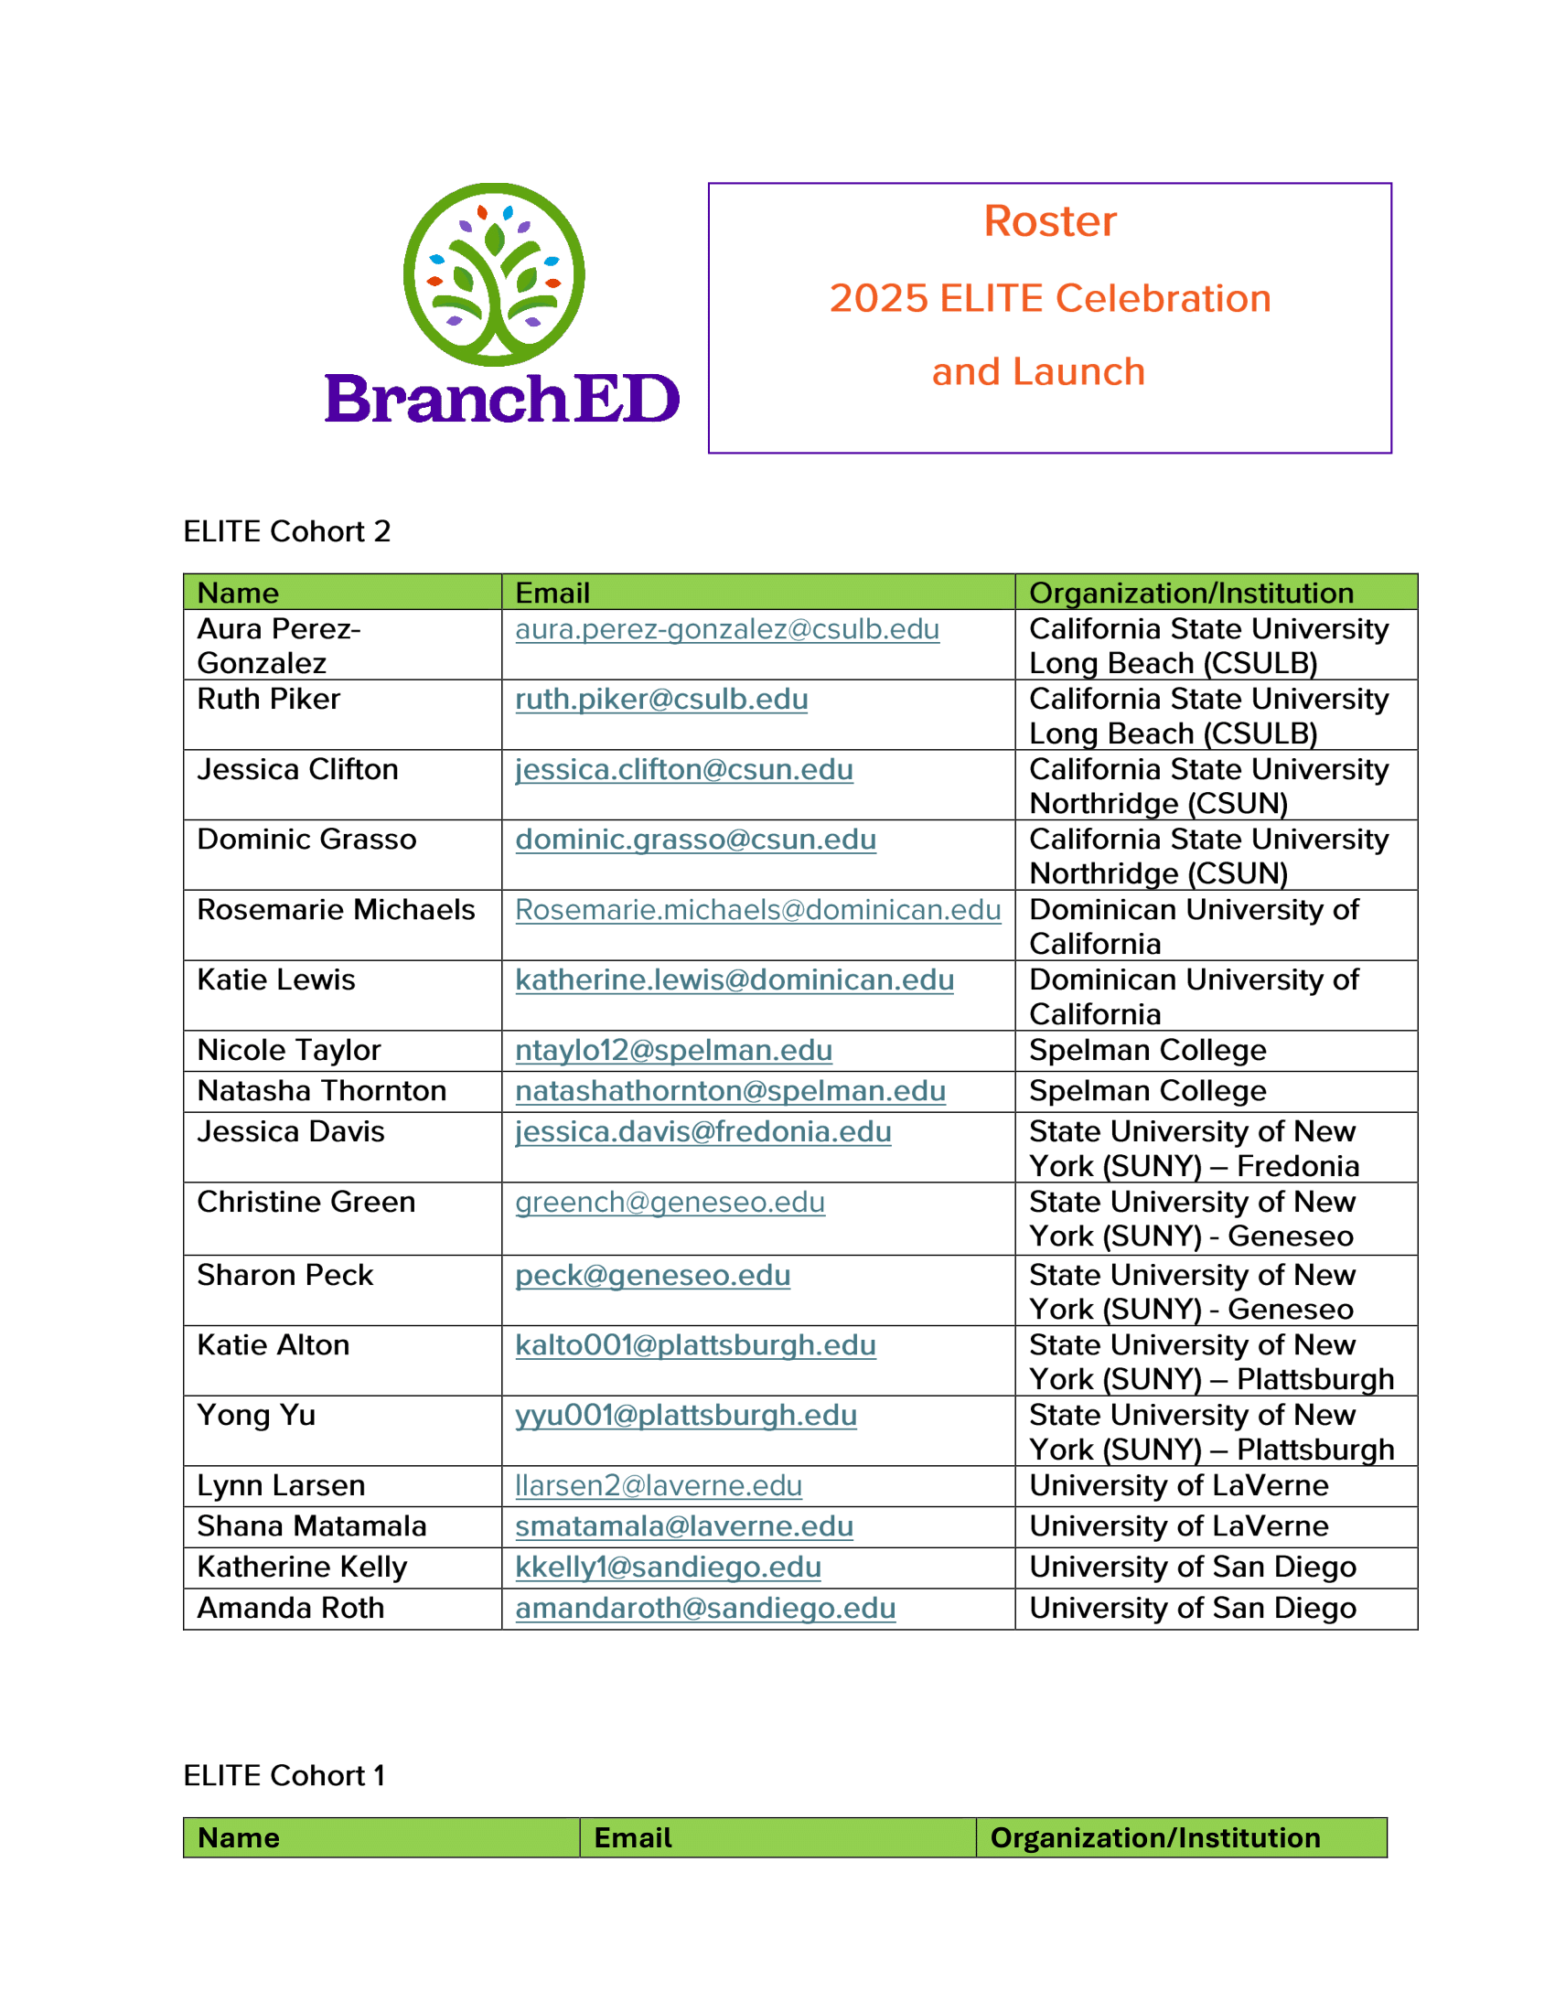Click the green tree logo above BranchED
494,274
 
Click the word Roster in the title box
1049,221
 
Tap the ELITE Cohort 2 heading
286,531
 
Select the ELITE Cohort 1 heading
284,1775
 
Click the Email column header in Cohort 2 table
552,593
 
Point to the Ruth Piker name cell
268,700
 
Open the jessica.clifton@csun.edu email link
683,769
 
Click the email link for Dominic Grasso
695,840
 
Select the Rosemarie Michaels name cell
336,909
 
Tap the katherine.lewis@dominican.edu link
735,979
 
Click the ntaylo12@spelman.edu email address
673,1050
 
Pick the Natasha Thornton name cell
321,1091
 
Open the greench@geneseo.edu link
670,1203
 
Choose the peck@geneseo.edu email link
652,1275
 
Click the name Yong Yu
256,1415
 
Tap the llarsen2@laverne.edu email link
658,1486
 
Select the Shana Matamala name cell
311,1526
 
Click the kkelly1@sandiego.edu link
668,1567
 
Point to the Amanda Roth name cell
290,1608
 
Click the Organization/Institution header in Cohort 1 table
1154,1838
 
